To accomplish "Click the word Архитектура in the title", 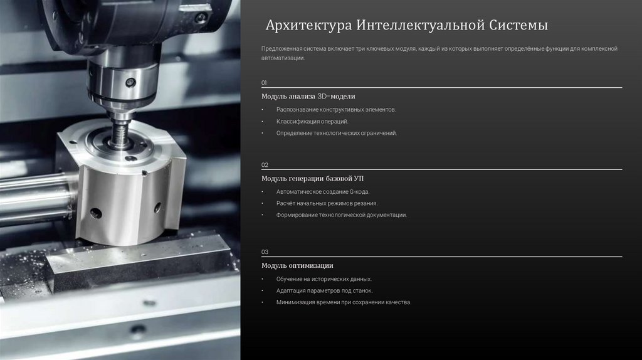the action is click(x=308, y=25).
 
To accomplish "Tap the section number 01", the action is click(x=264, y=83).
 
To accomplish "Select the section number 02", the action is click(x=265, y=165).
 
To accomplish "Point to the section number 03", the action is click(x=265, y=252).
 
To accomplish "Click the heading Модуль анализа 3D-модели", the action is click(x=308, y=96).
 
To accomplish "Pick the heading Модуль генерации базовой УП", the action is click(x=312, y=179).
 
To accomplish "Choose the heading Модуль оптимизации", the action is click(x=297, y=265).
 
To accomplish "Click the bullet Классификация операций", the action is click(x=312, y=122).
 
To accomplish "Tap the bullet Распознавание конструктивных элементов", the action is click(x=336, y=110).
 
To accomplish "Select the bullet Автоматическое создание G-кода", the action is click(x=323, y=192).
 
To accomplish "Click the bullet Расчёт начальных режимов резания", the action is click(x=327, y=204).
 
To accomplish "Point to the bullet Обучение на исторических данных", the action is click(x=324, y=279).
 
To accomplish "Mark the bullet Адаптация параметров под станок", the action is click(x=325, y=291).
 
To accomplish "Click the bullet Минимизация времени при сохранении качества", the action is click(x=344, y=303).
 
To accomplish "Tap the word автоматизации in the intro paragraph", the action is click(x=283, y=58).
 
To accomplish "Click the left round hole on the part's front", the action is click(x=96, y=213).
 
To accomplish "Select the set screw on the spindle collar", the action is click(x=130, y=82).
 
